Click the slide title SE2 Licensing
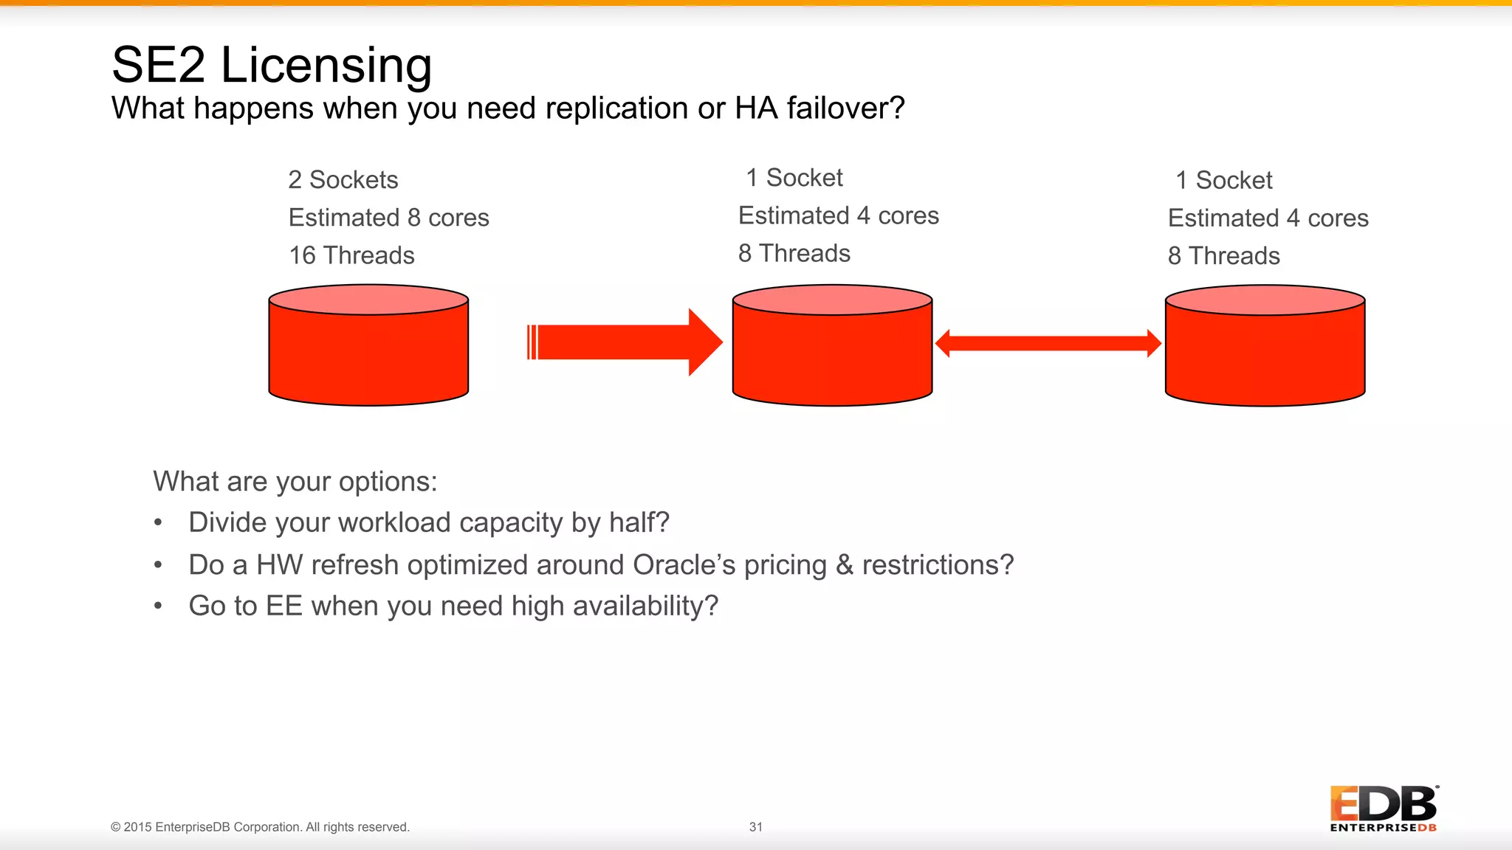click(x=272, y=65)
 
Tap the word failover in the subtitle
click(x=845, y=108)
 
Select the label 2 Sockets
click(x=343, y=180)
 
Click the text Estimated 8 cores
click(x=388, y=218)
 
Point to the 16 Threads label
click(x=351, y=255)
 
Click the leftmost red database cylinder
click(x=368, y=350)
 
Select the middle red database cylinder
click(x=832, y=350)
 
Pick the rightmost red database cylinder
click(x=1265, y=350)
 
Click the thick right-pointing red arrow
click(x=624, y=342)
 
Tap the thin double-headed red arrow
click(x=1048, y=344)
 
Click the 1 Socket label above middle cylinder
click(x=794, y=178)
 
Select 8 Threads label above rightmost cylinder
click(x=1223, y=256)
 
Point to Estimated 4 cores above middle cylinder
click(x=839, y=215)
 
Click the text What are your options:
click(x=295, y=482)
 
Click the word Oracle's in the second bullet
click(x=684, y=565)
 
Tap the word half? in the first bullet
click(x=639, y=523)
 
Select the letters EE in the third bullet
click(x=284, y=607)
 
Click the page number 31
click(x=755, y=827)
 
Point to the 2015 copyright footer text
click(x=260, y=827)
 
